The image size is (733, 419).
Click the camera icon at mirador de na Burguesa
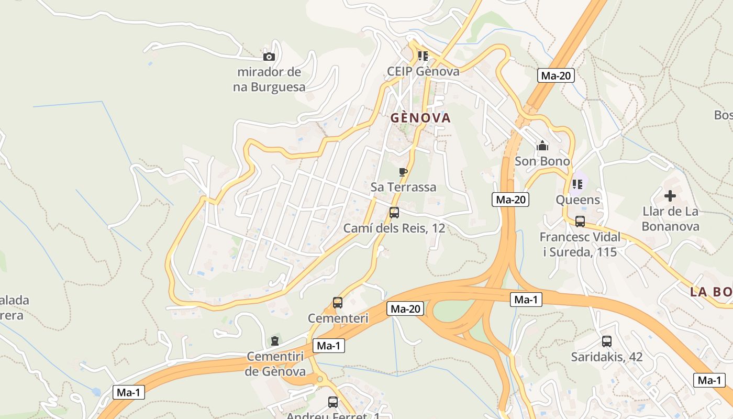coord(269,57)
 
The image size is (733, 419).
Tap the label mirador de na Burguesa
coord(269,80)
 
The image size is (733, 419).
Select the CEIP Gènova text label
coord(423,71)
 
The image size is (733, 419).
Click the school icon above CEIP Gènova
coord(423,56)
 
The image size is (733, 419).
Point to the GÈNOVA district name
coord(420,118)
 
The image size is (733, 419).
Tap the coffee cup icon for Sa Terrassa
coord(403,172)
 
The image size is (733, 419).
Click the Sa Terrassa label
coord(403,187)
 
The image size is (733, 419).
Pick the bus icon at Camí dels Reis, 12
coord(394,213)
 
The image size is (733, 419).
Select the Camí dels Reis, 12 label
coord(394,228)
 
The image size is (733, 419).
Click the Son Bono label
coord(542,161)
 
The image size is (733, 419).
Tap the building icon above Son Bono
coord(542,146)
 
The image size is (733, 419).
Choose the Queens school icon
coord(577,184)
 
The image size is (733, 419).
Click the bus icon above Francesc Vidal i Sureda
coord(580,222)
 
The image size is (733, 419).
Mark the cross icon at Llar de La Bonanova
coord(670,196)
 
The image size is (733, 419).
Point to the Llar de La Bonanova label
coord(670,219)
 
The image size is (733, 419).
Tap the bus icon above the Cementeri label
coord(338,303)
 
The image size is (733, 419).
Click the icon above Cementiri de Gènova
coord(275,341)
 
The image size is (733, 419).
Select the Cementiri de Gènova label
coord(275,364)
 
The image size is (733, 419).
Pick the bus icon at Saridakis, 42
coord(607,341)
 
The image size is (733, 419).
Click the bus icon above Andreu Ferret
coord(333,402)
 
